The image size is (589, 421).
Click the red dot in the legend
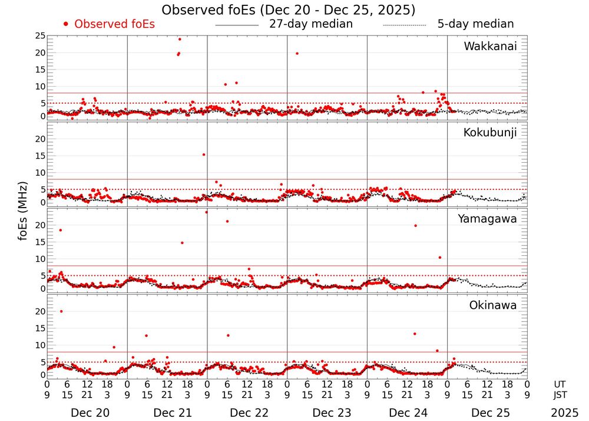click(x=65, y=24)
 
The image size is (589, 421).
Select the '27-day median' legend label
click(x=311, y=24)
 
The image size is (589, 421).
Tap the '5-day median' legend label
click(x=476, y=24)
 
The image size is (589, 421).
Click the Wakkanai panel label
click(x=490, y=47)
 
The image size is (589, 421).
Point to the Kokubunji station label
click(x=490, y=133)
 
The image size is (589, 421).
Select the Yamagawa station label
click(x=487, y=219)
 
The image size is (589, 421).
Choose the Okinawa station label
click(x=492, y=305)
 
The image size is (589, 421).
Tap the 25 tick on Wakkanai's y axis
click(x=40, y=36)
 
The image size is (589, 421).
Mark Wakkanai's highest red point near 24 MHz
click(x=180, y=39)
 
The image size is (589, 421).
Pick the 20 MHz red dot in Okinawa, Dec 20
click(x=61, y=311)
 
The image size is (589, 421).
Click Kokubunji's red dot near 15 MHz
click(x=204, y=154)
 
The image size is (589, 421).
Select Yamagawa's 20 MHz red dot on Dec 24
click(x=416, y=225)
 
